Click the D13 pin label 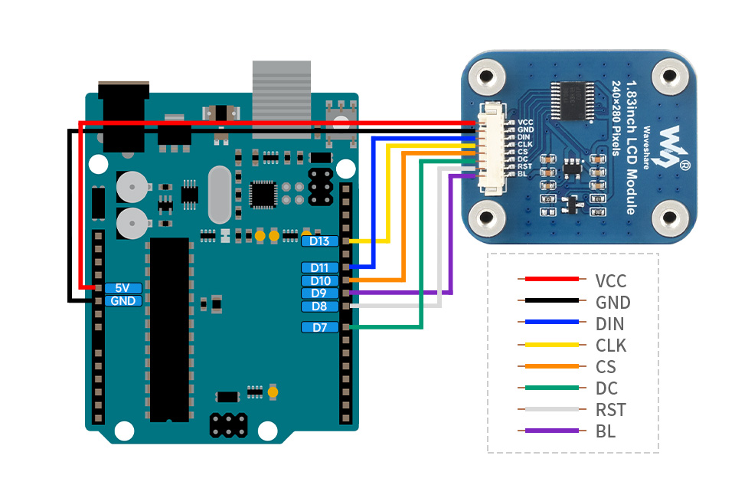[320, 241]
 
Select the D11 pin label [320, 267]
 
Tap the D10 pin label [320, 280]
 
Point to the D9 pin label [320, 293]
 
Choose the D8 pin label [320, 306]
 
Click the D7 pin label [320, 327]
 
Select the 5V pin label [122, 288]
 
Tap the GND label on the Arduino [122, 301]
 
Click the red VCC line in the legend [547, 280]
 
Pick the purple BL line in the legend [547, 431]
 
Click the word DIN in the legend [609, 324]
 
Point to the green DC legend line [547, 388]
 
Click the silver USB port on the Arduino [282, 96]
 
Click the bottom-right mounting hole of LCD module [671, 218]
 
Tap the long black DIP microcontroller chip [169, 329]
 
